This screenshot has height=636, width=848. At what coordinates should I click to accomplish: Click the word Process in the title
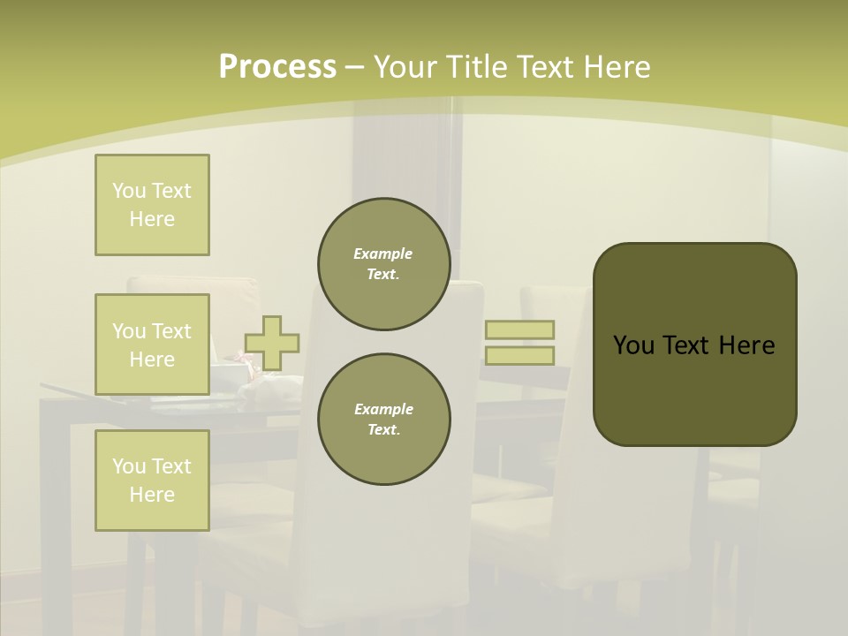pyautogui.click(x=277, y=67)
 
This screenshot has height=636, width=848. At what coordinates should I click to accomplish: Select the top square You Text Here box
pyautogui.click(x=152, y=205)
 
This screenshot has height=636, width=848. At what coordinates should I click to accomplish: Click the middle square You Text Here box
pyautogui.click(x=152, y=344)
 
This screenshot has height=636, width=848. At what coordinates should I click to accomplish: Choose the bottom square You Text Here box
pyautogui.click(x=152, y=481)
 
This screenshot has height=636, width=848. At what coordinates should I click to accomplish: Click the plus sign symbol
pyautogui.click(x=272, y=343)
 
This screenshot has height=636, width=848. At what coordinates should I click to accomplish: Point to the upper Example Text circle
pyautogui.click(x=383, y=264)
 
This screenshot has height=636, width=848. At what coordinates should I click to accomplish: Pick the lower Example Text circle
pyautogui.click(x=383, y=420)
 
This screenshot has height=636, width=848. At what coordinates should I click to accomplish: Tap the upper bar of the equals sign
pyautogui.click(x=519, y=329)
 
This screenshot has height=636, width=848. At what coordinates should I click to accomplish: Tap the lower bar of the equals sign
pyautogui.click(x=519, y=355)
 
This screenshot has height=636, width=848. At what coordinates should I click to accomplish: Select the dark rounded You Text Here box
pyautogui.click(x=694, y=344)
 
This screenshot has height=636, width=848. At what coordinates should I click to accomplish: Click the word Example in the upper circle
pyautogui.click(x=382, y=254)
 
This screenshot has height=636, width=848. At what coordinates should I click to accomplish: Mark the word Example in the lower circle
pyautogui.click(x=383, y=410)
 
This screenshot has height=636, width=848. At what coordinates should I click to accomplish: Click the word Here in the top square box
pyautogui.click(x=152, y=219)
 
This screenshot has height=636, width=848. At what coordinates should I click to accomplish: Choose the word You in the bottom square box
pyautogui.click(x=129, y=466)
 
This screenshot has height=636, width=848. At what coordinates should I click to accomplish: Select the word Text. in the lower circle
pyautogui.click(x=383, y=430)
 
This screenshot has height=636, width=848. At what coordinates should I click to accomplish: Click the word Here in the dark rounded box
pyautogui.click(x=746, y=345)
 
